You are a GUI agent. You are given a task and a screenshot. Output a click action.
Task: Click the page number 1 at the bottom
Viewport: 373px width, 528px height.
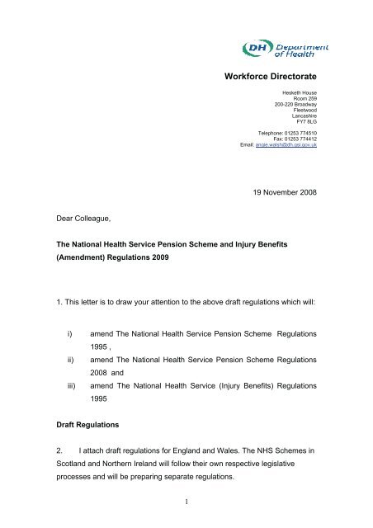point(187,507)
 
